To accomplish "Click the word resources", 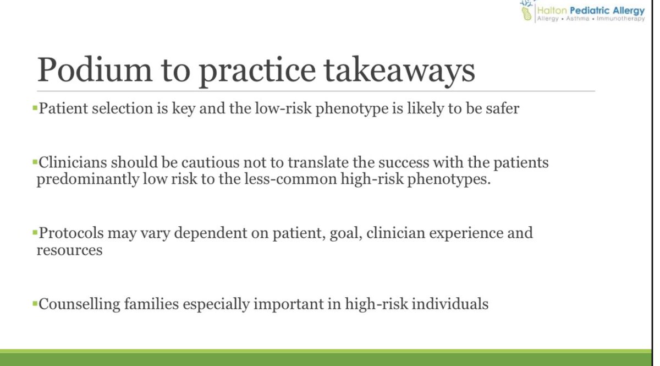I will [x=69, y=250].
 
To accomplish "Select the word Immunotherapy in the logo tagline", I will [x=622, y=19].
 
